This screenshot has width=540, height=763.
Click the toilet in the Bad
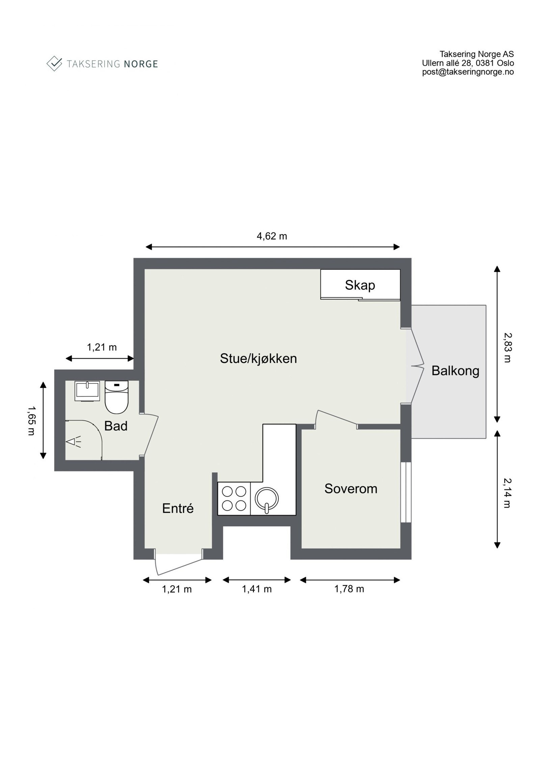[116, 397]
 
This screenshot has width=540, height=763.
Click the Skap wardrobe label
[360, 285]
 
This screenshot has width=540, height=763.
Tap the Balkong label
[455, 371]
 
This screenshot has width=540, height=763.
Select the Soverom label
[351, 489]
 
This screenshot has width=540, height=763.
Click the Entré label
[178, 508]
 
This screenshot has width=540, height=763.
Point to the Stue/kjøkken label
[258, 358]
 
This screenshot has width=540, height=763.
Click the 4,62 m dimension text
[272, 236]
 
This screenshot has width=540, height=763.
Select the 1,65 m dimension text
[31, 420]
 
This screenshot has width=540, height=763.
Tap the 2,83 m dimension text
[508, 348]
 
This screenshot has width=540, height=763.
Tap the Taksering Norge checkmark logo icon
[54, 63]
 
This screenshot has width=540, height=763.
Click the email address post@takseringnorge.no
[468, 72]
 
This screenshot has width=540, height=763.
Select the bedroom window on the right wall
[406, 492]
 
